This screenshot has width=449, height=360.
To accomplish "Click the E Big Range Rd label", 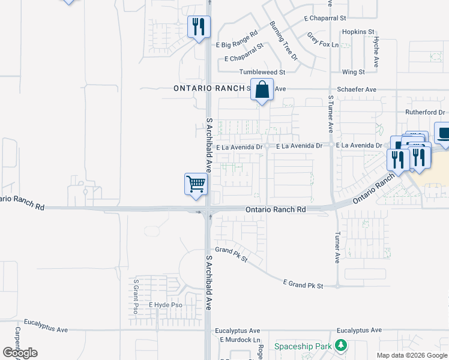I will pos(237,39).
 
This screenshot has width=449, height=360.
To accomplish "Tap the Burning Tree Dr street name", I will pos(283,41).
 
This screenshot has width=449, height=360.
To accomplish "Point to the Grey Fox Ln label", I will pos(323,40).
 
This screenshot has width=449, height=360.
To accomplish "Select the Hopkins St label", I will pos(358,31).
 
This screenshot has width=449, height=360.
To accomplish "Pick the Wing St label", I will pos(353,72).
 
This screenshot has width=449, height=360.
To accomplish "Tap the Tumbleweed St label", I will pos(262,72).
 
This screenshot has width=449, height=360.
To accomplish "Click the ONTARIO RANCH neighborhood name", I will pos(209,88).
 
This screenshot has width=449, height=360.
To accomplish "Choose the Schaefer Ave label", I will pos(357,89).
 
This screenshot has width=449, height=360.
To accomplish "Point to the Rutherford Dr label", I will pos(424,112).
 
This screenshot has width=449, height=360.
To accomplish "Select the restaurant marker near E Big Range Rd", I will pos(199,26).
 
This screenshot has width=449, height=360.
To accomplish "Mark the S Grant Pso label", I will pos(136,296).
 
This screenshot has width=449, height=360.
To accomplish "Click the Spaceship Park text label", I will pos(303,346).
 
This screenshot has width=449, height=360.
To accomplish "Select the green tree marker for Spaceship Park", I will pos(341,346).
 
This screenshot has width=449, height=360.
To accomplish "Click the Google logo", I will pos(20,353).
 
